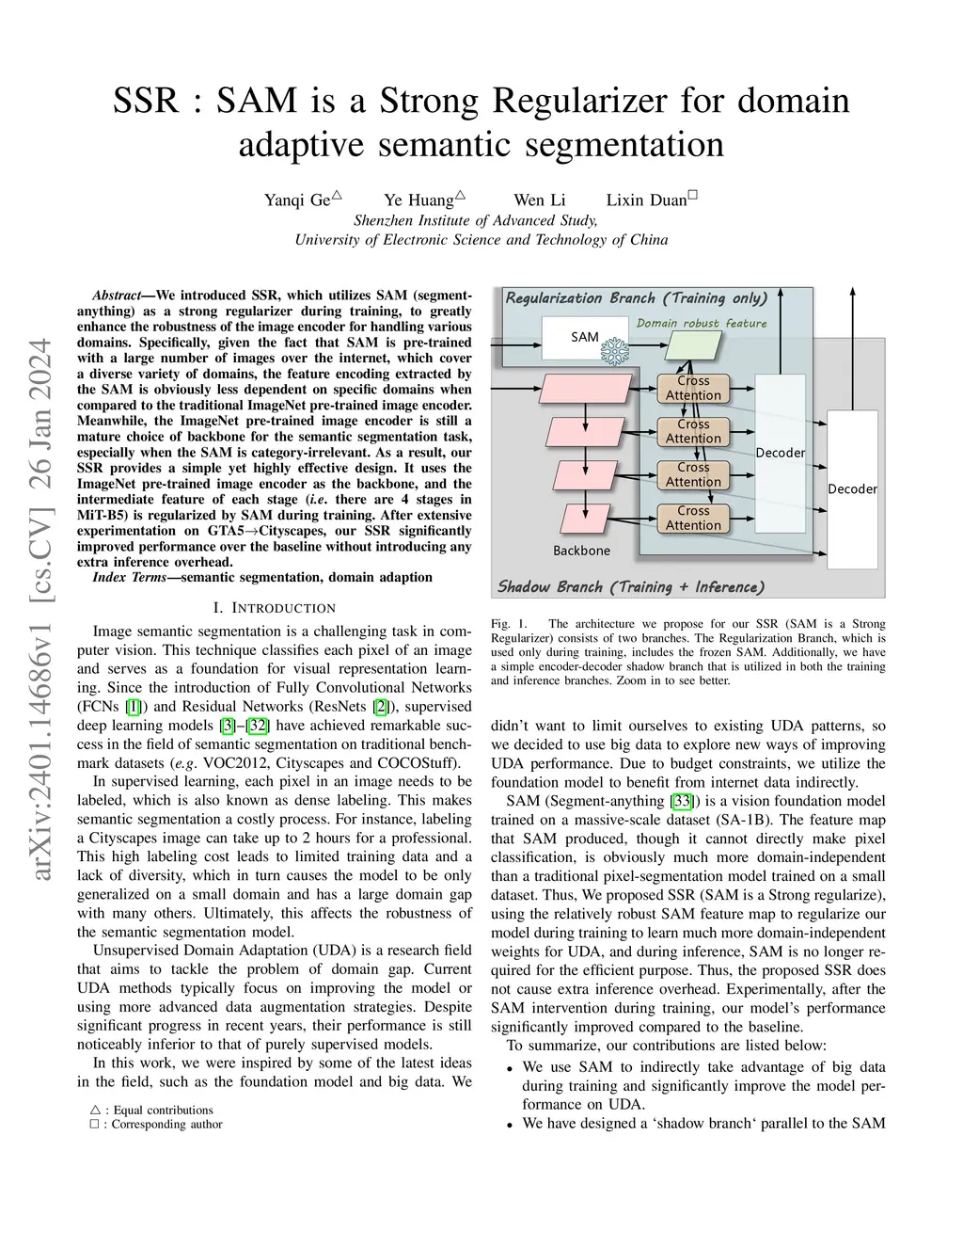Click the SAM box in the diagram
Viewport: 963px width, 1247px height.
(x=584, y=337)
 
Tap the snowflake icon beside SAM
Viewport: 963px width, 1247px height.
(x=614, y=352)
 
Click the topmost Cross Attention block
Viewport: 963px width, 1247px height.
(x=693, y=388)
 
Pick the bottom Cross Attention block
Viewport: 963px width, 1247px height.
(x=693, y=519)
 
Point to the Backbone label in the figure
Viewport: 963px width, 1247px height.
(x=581, y=551)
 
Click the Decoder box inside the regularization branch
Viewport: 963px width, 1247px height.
(x=781, y=453)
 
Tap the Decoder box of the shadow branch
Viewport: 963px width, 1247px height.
(x=852, y=489)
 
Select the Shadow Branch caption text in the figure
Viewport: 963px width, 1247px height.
(x=630, y=587)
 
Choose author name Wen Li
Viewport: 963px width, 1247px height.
(x=540, y=200)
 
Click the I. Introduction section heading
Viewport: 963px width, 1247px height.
(x=274, y=608)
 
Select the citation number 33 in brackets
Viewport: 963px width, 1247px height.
(x=683, y=801)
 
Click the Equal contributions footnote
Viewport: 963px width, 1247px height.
(x=162, y=1110)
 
